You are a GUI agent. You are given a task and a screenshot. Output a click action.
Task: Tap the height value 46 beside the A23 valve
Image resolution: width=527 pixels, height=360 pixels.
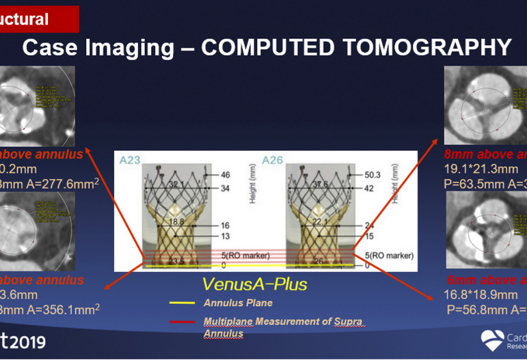pos(225,176)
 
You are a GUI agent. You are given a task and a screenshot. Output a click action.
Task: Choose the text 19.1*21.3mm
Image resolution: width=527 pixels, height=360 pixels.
pos(480,168)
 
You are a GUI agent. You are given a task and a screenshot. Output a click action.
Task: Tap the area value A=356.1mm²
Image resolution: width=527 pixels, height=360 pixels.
pos(64,308)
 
